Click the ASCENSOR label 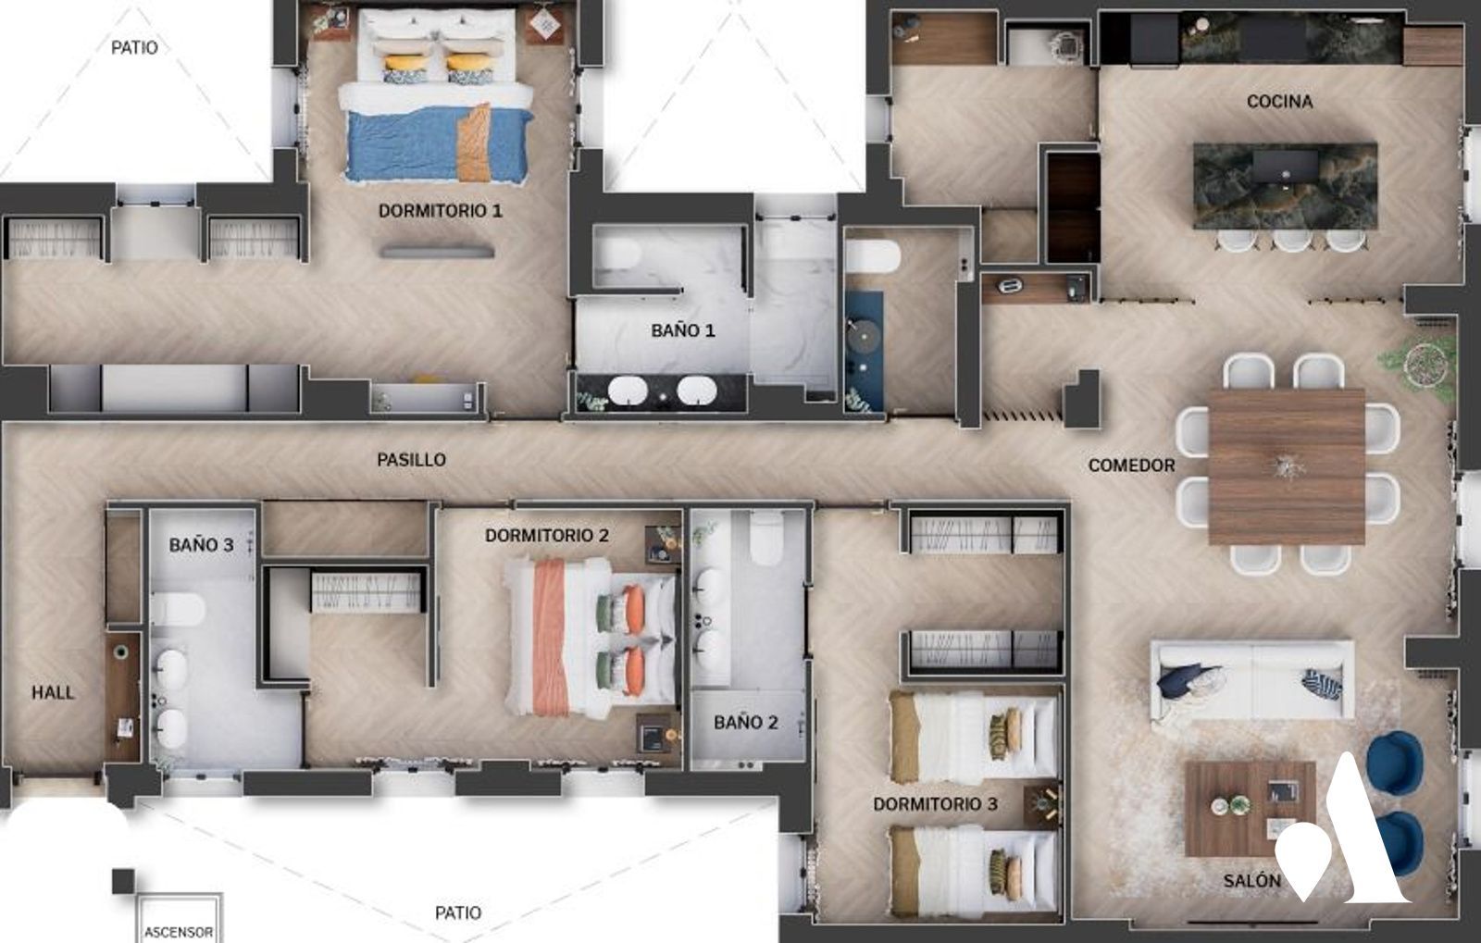[179, 932]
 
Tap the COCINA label [1279, 101]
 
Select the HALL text [53, 692]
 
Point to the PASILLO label [411, 459]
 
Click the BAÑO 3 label [201, 544]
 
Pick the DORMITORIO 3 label [935, 803]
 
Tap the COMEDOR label [1131, 465]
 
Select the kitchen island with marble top [1286, 186]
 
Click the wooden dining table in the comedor [1287, 466]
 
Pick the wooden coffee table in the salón [1250, 809]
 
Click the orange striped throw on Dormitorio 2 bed [550, 637]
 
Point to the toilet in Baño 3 [177, 609]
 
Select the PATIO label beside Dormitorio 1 [134, 47]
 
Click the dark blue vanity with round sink [865, 351]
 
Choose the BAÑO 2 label [746, 722]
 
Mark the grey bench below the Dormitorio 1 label [438, 251]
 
